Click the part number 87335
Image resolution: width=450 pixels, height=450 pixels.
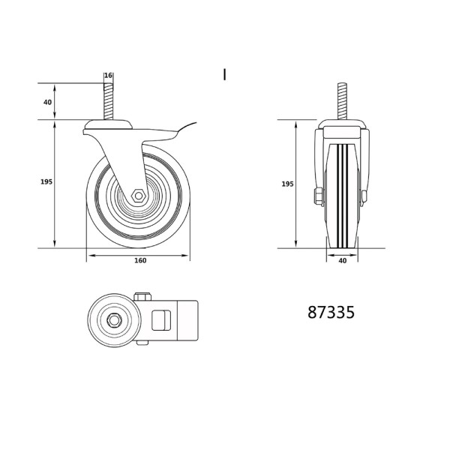[x=331, y=312]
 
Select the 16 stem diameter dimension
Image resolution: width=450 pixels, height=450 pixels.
[x=108, y=76]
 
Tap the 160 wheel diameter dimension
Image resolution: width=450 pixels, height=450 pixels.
[x=140, y=260]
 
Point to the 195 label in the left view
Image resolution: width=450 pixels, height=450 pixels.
[x=46, y=181]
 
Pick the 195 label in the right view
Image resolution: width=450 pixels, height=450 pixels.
[x=287, y=184]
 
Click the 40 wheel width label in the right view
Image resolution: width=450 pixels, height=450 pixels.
[x=343, y=260]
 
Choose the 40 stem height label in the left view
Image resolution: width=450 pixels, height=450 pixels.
[x=48, y=102]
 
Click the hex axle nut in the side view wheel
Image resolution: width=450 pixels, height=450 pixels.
[x=139, y=196]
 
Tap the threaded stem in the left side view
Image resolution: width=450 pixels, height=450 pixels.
[x=108, y=101]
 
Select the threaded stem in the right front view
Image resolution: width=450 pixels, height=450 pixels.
[x=342, y=101]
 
